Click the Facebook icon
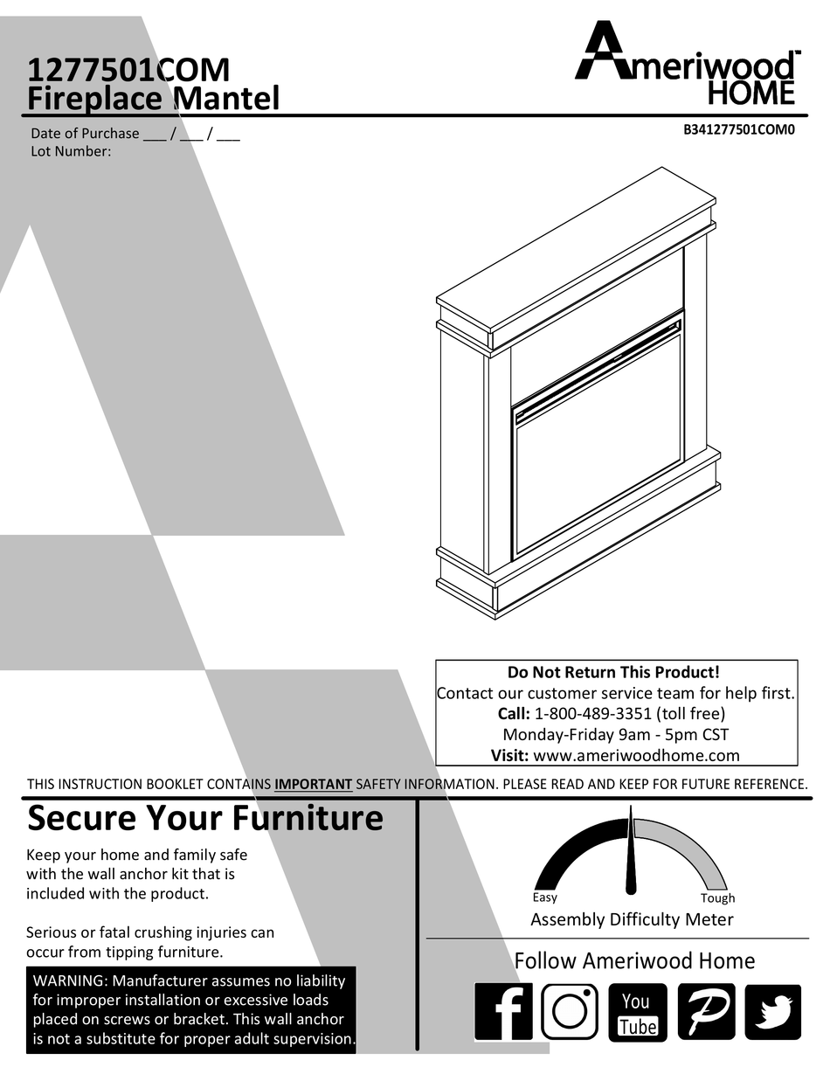(x=503, y=1012)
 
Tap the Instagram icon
(x=570, y=1012)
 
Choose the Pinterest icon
(x=706, y=1012)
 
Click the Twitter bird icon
(x=772, y=1012)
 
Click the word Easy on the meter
(x=544, y=897)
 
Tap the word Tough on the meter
(x=717, y=898)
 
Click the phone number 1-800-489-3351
(x=592, y=713)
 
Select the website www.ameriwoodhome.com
(x=636, y=755)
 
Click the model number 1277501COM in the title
(x=128, y=69)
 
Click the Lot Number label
(x=71, y=151)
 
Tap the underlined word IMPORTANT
(x=313, y=785)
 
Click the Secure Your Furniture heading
(x=205, y=819)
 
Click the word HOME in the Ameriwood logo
(x=750, y=93)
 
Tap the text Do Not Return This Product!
(x=614, y=672)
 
